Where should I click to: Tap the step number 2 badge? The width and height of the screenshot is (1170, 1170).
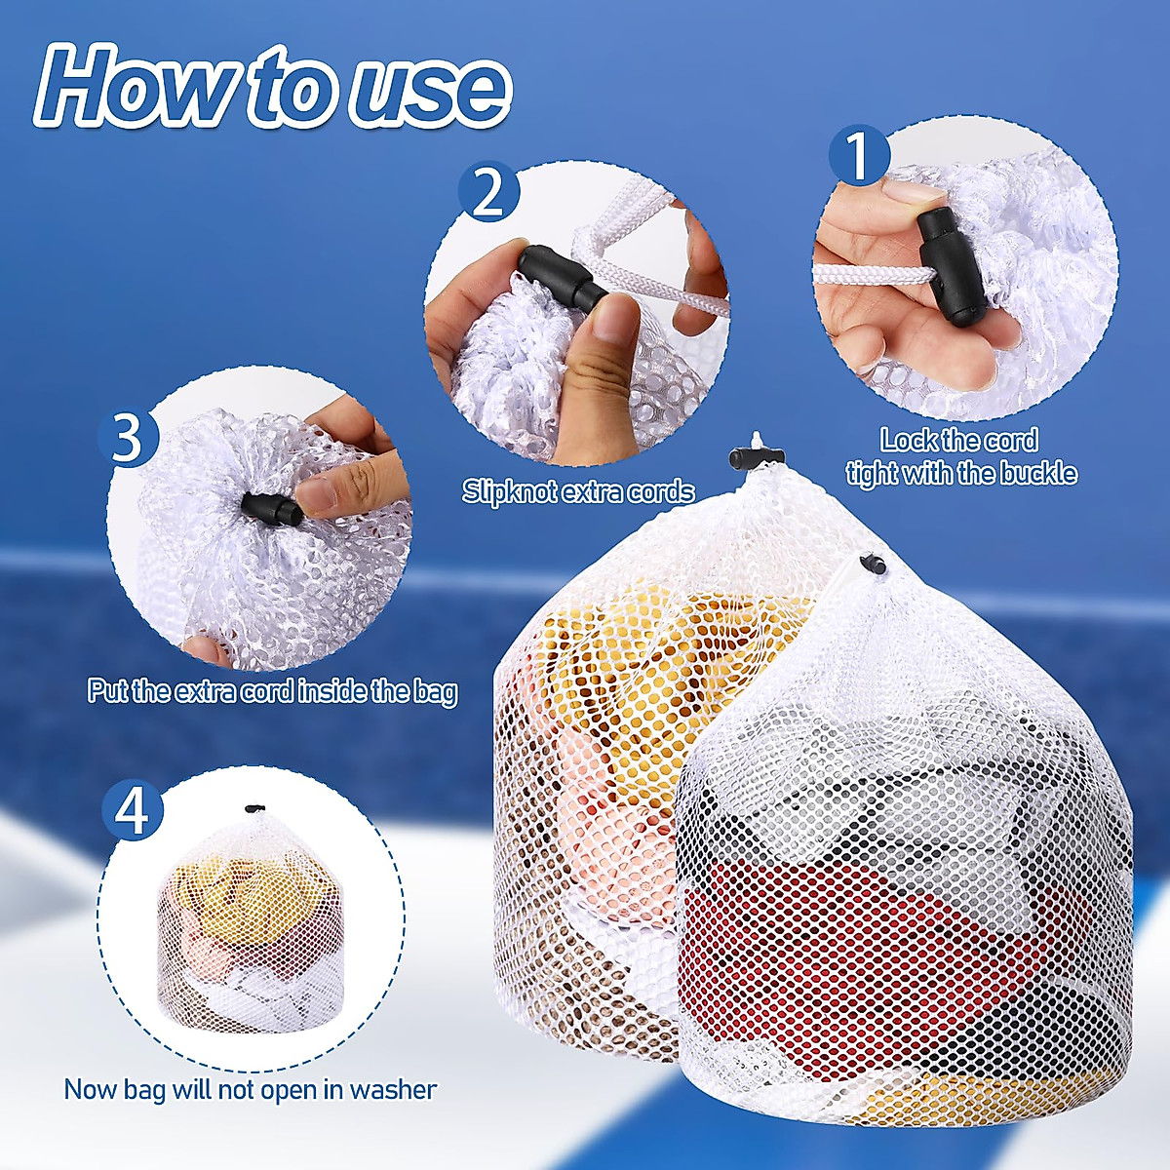487,191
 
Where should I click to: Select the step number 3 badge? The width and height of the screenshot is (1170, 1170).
128,438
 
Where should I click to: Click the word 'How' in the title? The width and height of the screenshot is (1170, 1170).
136,88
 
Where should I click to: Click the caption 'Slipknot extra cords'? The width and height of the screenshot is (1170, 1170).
578,490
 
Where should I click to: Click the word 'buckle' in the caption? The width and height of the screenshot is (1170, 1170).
1035,474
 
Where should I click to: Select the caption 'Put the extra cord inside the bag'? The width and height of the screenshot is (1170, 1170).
272,691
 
